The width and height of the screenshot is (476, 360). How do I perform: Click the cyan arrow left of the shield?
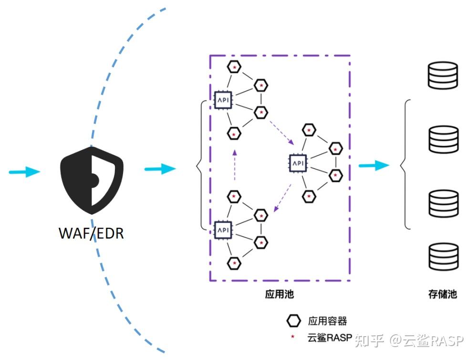(x=25, y=171)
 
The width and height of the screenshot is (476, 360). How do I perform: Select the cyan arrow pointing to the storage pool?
(x=373, y=165)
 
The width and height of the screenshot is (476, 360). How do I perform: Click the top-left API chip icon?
(x=223, y=100)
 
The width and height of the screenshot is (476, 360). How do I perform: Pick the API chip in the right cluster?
(x=298, y=163)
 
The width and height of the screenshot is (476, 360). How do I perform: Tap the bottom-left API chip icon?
(x=223, y=230)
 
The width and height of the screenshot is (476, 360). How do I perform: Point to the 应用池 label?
(x=279, y=294)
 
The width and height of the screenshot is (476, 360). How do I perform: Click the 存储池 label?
(x=443, y=294)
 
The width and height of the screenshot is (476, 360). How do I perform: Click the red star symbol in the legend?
(x=293, y=338)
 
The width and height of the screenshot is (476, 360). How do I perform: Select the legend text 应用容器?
(x=327, y=321)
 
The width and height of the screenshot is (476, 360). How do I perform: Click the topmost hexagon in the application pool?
(x=234, y=67)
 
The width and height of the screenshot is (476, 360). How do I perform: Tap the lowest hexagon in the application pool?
(x=234, y=263)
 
